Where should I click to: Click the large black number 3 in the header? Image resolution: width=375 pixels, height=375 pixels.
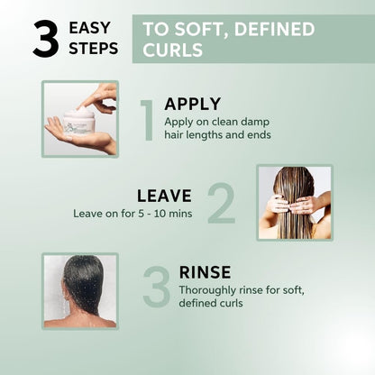(46, 39)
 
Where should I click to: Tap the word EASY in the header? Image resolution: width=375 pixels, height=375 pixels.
(89, 28)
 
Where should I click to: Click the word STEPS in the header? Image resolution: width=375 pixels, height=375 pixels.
(94, 49)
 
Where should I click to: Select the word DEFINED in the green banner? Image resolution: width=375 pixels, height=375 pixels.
(274, 29)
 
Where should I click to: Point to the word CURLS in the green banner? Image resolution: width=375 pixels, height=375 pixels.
(173, 50)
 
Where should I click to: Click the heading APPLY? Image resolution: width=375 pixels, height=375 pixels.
(193, 104)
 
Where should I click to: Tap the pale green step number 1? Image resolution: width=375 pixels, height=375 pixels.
(147, 120)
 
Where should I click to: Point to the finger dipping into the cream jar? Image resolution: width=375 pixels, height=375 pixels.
(92, 101)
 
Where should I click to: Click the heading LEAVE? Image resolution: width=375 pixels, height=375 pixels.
(164, 196)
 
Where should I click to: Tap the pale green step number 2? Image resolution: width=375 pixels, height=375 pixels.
(221, 203)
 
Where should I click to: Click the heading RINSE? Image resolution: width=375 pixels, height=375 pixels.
(205, 272)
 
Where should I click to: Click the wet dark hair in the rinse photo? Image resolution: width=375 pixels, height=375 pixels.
(84, 282)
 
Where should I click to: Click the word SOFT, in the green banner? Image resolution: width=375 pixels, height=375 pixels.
(202, 30)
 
